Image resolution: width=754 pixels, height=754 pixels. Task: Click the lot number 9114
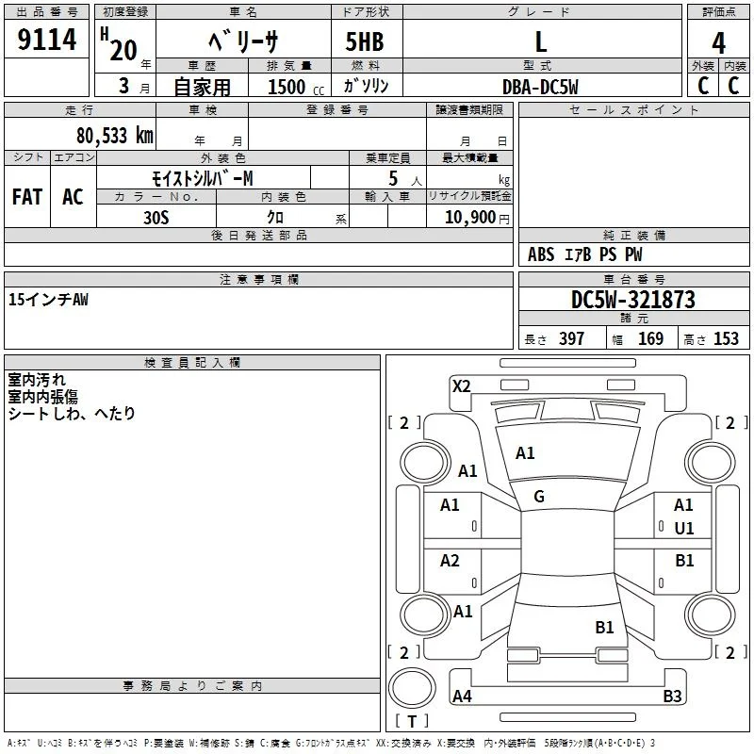pyautogui.click(x=46, y=40)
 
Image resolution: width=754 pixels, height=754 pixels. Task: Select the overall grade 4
pyautogui.click(x=718, y=43)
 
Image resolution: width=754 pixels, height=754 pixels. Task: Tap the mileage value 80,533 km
pyautogui.click(x=115, y=136)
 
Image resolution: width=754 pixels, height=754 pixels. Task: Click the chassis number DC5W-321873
pyautogui.click(x=633, y=300)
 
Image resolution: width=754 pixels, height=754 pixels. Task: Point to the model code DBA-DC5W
pyautogui.click(x=540, y=87)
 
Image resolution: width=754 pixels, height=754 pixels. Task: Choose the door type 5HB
pyautogui.click(x=365, y=41)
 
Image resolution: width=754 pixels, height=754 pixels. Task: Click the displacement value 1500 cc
pyautogui.click(x=296, y=87)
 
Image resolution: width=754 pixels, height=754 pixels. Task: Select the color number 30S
pyautogui.click(x=156, y=218)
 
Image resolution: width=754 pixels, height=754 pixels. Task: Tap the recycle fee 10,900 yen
pyautogui.click(x=477, y=218)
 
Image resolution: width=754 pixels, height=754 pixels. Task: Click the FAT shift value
pyautogui.click(x=27, y=197)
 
